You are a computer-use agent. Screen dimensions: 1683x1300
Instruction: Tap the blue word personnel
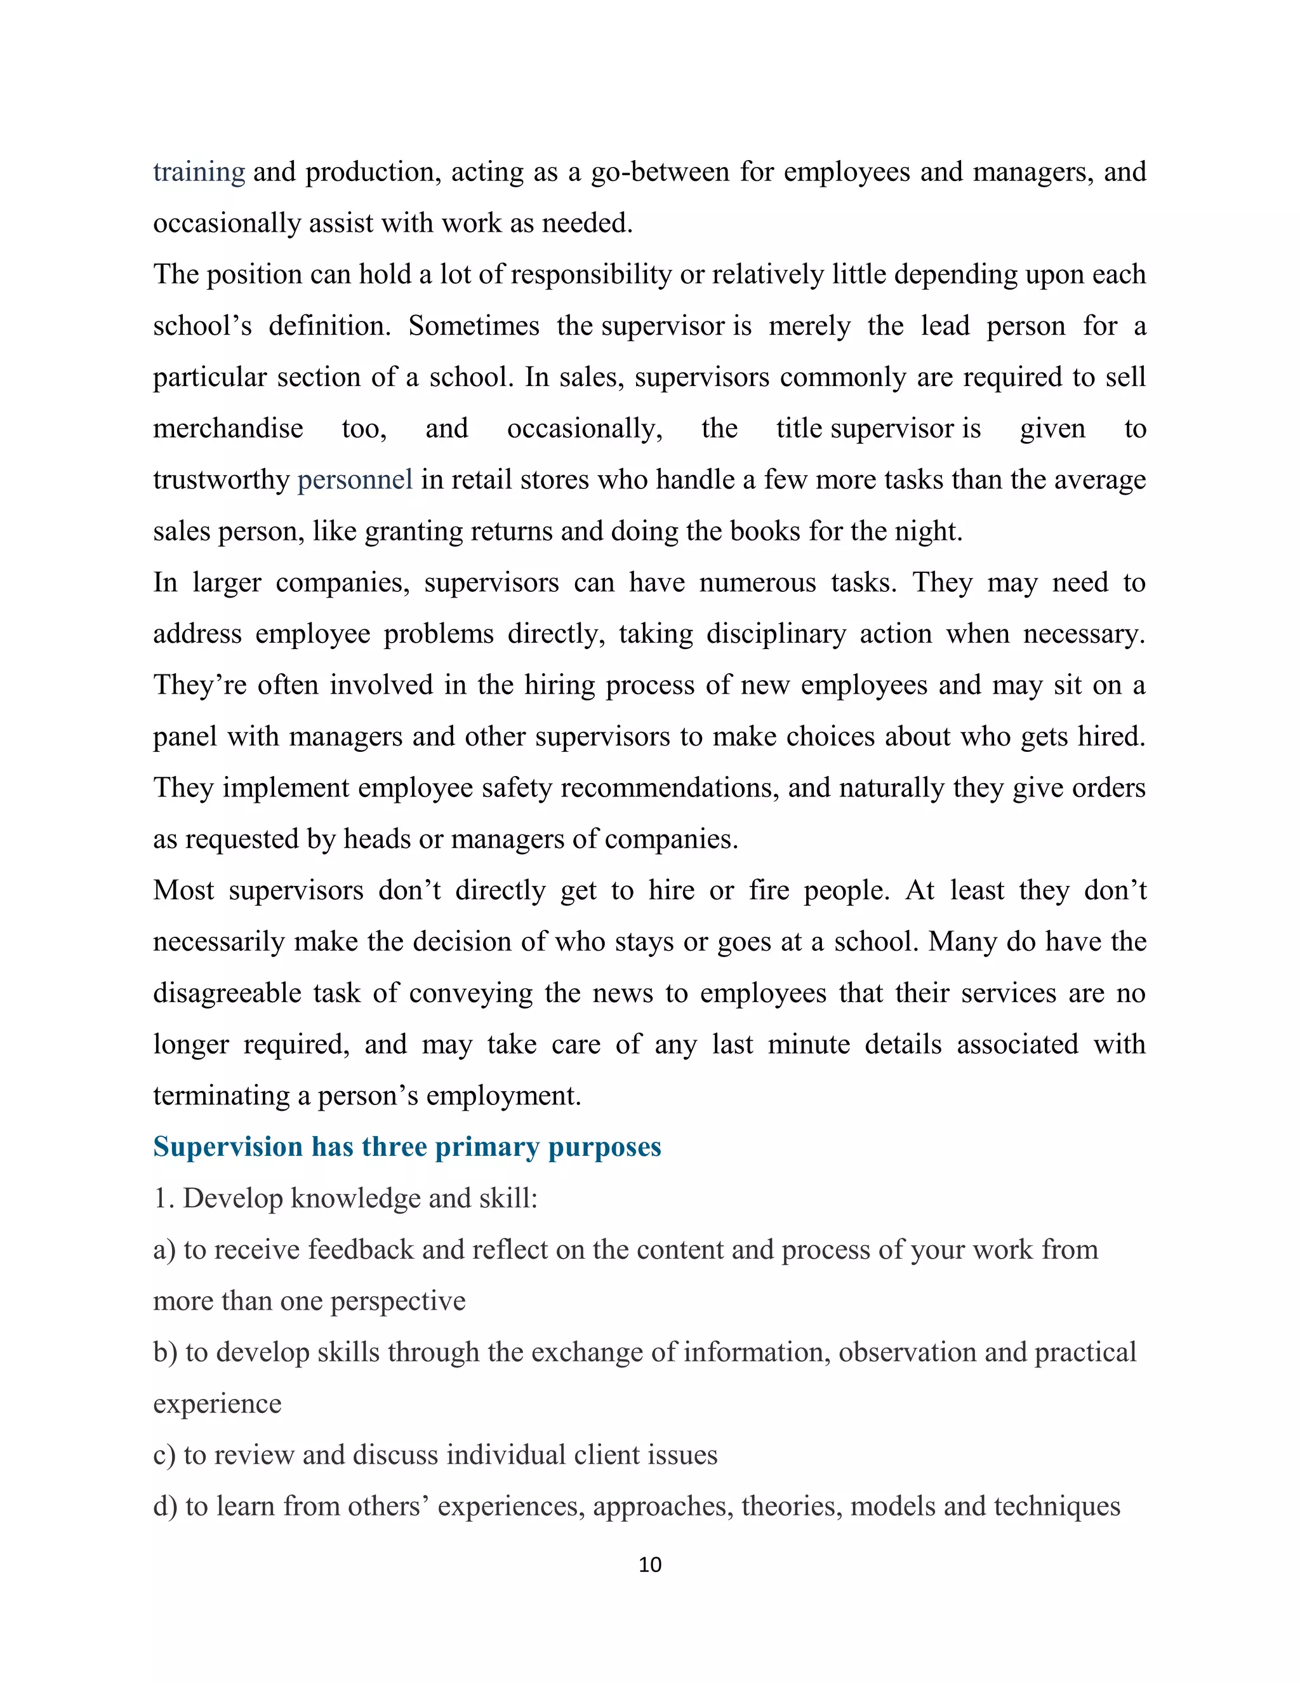355,479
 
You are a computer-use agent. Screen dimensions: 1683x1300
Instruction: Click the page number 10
650,1564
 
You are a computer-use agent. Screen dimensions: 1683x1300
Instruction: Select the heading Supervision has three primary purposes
407,1146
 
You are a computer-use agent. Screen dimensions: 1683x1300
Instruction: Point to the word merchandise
228,429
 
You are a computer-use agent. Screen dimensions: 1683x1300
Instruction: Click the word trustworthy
221,479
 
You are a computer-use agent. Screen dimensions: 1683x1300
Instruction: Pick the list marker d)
165,1506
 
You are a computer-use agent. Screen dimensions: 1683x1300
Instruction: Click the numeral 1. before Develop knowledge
163,1198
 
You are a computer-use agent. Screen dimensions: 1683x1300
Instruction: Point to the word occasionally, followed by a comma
585,429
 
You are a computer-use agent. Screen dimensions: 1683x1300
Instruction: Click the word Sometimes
474,325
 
